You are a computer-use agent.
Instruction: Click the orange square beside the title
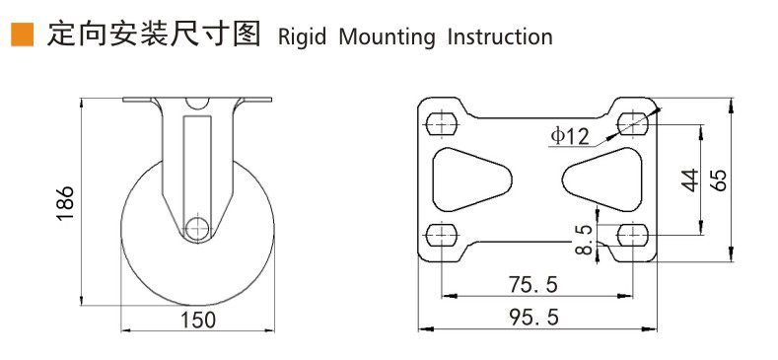pyautogui.click(x=23, y=35)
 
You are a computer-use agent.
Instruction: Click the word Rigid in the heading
pyautogui.click(x=302, y=37)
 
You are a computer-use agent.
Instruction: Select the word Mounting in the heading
pyautogui.click(x=387, y=37)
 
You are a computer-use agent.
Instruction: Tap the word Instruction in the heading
pyautogui.click(x=500, y=36)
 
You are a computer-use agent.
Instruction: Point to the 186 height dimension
pyautogui.click(x=65, y=203)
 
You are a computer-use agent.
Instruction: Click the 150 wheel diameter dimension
pyautogui.click(x=197, y=320)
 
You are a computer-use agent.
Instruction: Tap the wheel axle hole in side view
pyautogui.click(x=197, y=228)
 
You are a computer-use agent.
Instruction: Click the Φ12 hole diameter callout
pyautogui.click(x=570, y=135)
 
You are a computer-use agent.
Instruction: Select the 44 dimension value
pyautogui.click(x=689, y=180)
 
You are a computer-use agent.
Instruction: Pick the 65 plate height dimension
pyautogui.click(x=718, y=180)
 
